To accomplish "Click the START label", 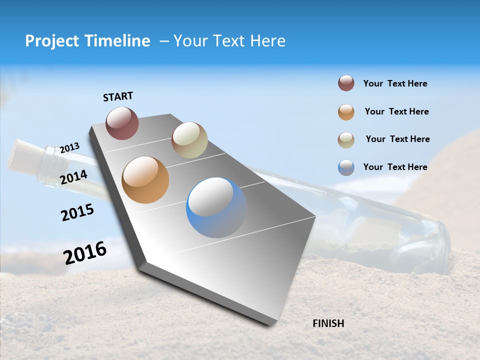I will (118, 96).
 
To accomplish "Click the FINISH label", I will (328, 323).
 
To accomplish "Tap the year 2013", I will (69, 148).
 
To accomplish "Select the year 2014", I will (74, 177).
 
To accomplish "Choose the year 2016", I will (85, 253).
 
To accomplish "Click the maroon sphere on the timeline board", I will (122, 123).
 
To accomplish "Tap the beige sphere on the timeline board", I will (189, 140).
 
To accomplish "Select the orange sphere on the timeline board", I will (145, 180).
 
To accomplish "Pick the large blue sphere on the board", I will (216, 207).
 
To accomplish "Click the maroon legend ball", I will (346, 83).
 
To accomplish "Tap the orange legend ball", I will (346, 112).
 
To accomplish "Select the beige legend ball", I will (346, 140).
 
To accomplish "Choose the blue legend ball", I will (346, 167).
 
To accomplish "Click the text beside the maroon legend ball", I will (395, 83).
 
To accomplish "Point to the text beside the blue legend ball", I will (395, 167).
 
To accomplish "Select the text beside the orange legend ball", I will (396, 111).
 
